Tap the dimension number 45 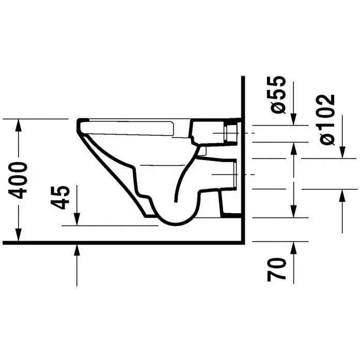click(x=61, y=197)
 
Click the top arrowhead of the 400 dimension click(x=19, y=124)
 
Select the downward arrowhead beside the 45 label click(x=77, y=220)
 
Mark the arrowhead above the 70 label click(x=293, y=248)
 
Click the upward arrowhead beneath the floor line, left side click(x=77, y=250)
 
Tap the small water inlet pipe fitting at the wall click(x=231, y=132)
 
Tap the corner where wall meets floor click(x=242, y=241)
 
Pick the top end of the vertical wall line click(x=242, y=77)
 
